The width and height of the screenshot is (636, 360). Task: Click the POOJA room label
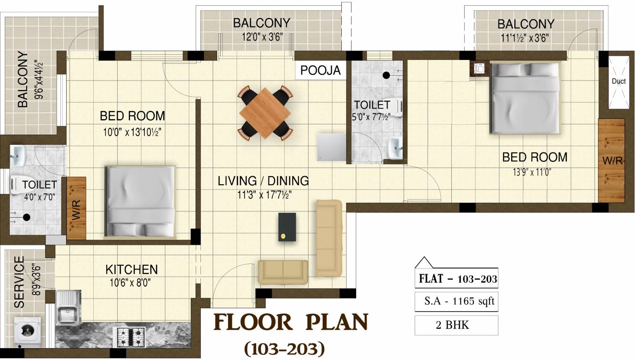[320, 70]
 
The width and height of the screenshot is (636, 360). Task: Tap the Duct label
[619, 81]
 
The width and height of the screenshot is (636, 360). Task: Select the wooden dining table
[265, 113]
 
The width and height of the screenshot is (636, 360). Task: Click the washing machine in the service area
[28, 331]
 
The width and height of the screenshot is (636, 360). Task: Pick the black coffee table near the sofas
[287, 227]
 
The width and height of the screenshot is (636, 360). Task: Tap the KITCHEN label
[131, 270]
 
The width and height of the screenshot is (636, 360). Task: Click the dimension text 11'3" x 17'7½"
[265, 195]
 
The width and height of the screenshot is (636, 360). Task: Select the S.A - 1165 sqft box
[456, 301]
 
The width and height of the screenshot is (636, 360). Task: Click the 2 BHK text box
[456, 325]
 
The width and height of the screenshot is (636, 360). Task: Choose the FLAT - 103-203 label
[458, 279]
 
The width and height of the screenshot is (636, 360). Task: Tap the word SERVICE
[20, 282]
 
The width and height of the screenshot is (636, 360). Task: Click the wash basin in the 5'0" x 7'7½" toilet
[395, 148]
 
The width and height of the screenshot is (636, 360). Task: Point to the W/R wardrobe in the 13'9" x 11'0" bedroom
[612, 160]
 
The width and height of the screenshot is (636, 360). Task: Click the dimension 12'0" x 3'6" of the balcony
[262, 37]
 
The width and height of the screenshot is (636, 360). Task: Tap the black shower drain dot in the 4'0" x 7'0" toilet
[27, 218]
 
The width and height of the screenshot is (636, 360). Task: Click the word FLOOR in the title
[253, 322]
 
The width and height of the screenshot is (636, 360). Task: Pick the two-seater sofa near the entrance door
[283, 272]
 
